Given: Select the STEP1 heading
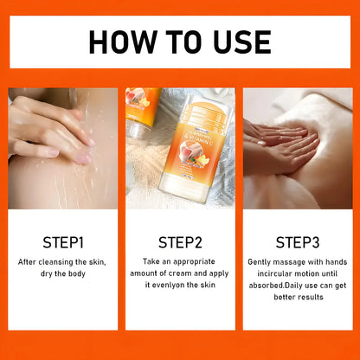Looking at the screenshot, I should pos(62,241).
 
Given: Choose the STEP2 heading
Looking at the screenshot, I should pos(180,241).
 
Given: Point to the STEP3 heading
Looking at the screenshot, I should pos(298,241).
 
